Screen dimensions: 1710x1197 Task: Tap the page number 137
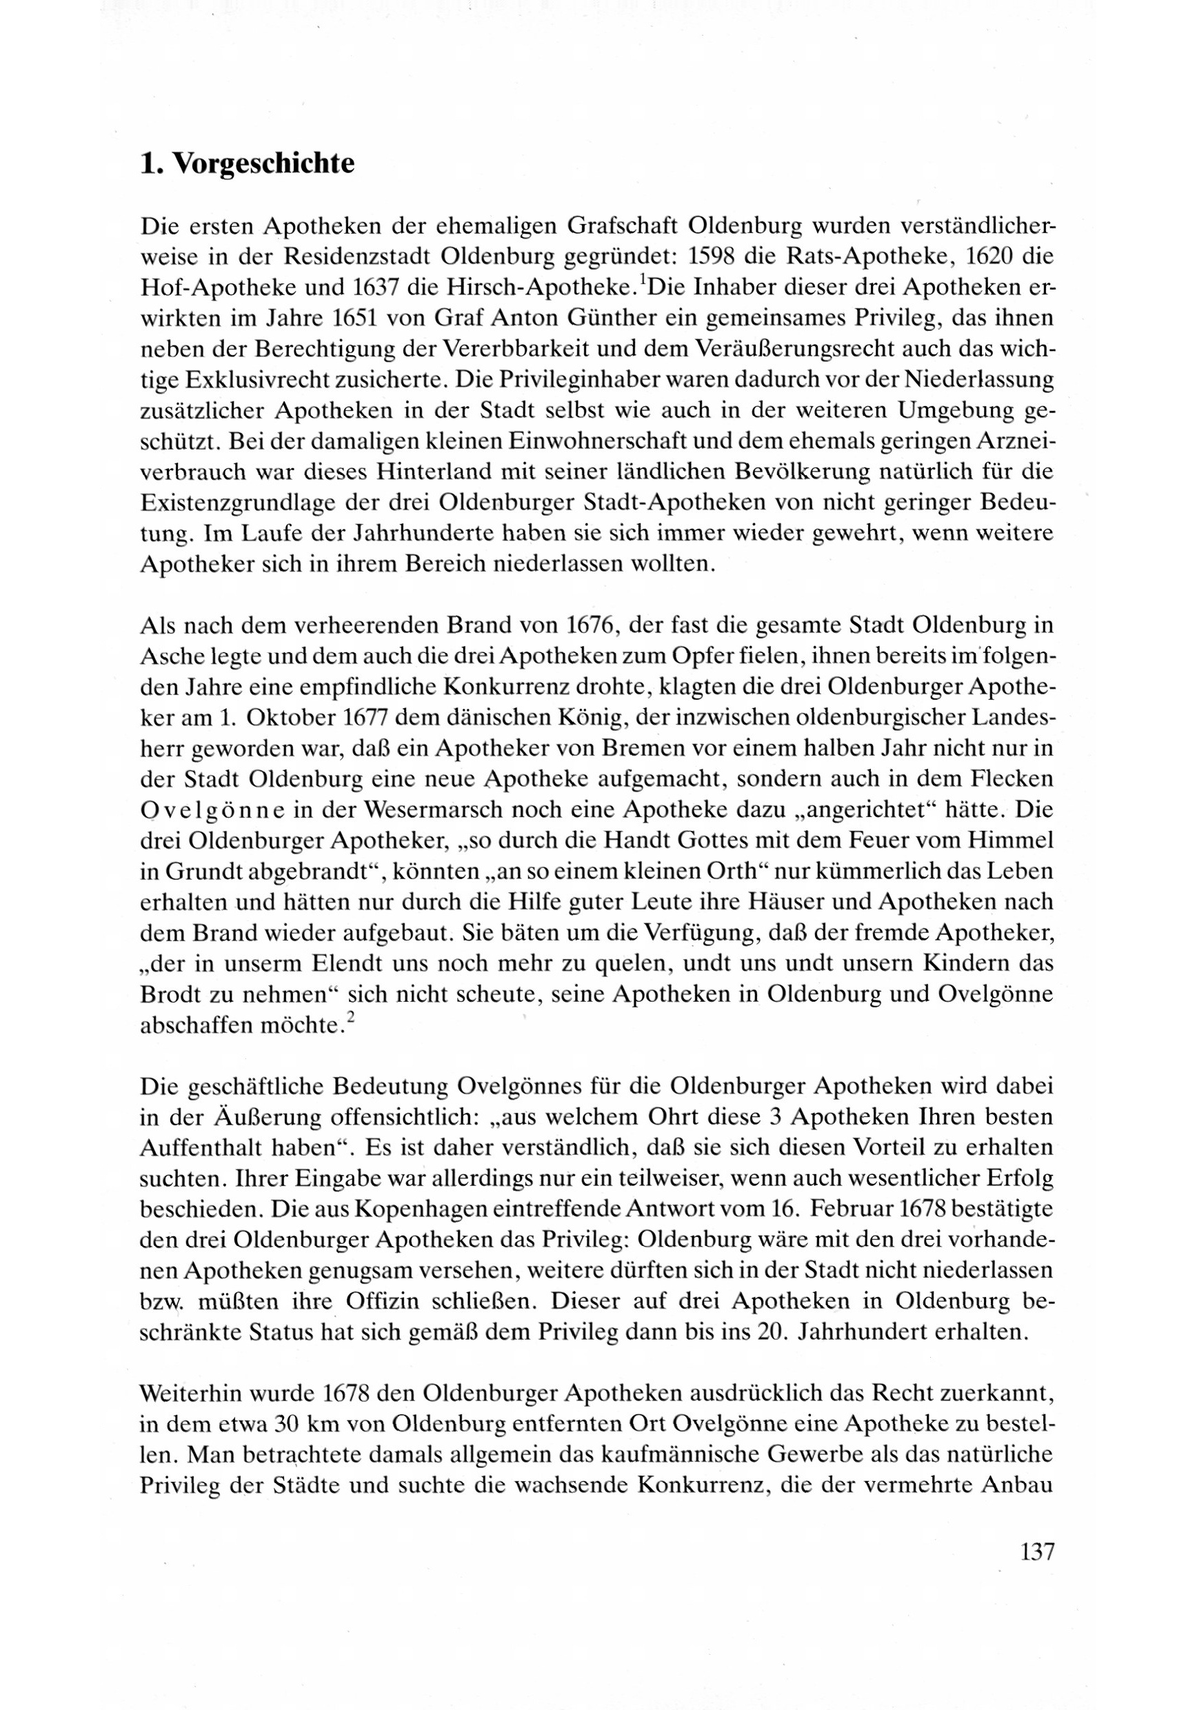[1036, 1553]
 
